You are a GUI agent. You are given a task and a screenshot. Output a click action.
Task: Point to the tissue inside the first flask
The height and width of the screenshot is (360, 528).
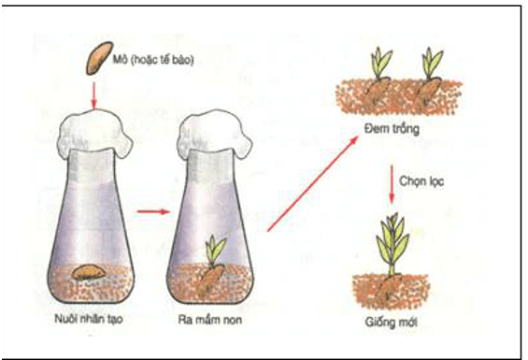point(89,272)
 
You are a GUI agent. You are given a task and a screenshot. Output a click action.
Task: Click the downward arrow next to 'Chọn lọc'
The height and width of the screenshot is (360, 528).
point(392,186)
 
